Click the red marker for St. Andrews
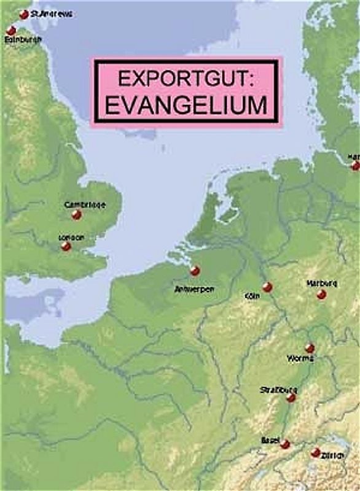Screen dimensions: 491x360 [x=24, y=14]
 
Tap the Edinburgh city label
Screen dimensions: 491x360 [x=23, y=39]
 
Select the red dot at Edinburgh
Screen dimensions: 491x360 [x=11, y=30]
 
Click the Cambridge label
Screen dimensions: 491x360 [x=85, y=204]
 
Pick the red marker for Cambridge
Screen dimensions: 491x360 [x=76, y=214]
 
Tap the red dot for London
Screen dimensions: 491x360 [x=66, y=246]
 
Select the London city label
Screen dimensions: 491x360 [x=71, y=237]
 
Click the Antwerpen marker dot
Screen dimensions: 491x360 [x=195, y=270]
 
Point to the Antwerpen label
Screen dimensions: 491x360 [x=194, y=288]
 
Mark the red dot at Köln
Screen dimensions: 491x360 [x=267, y=287]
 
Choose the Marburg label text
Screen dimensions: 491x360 [x=321, y=284]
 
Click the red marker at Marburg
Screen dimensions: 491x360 [x=321, y=295]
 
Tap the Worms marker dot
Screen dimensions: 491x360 [x=310, y=348]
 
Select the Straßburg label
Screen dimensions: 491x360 [x=279, y=390]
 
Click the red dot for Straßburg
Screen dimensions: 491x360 [x=291, y=398]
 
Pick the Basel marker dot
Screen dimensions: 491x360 [x=285, y=444]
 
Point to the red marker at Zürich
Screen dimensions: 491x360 [x=316, y=452]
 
